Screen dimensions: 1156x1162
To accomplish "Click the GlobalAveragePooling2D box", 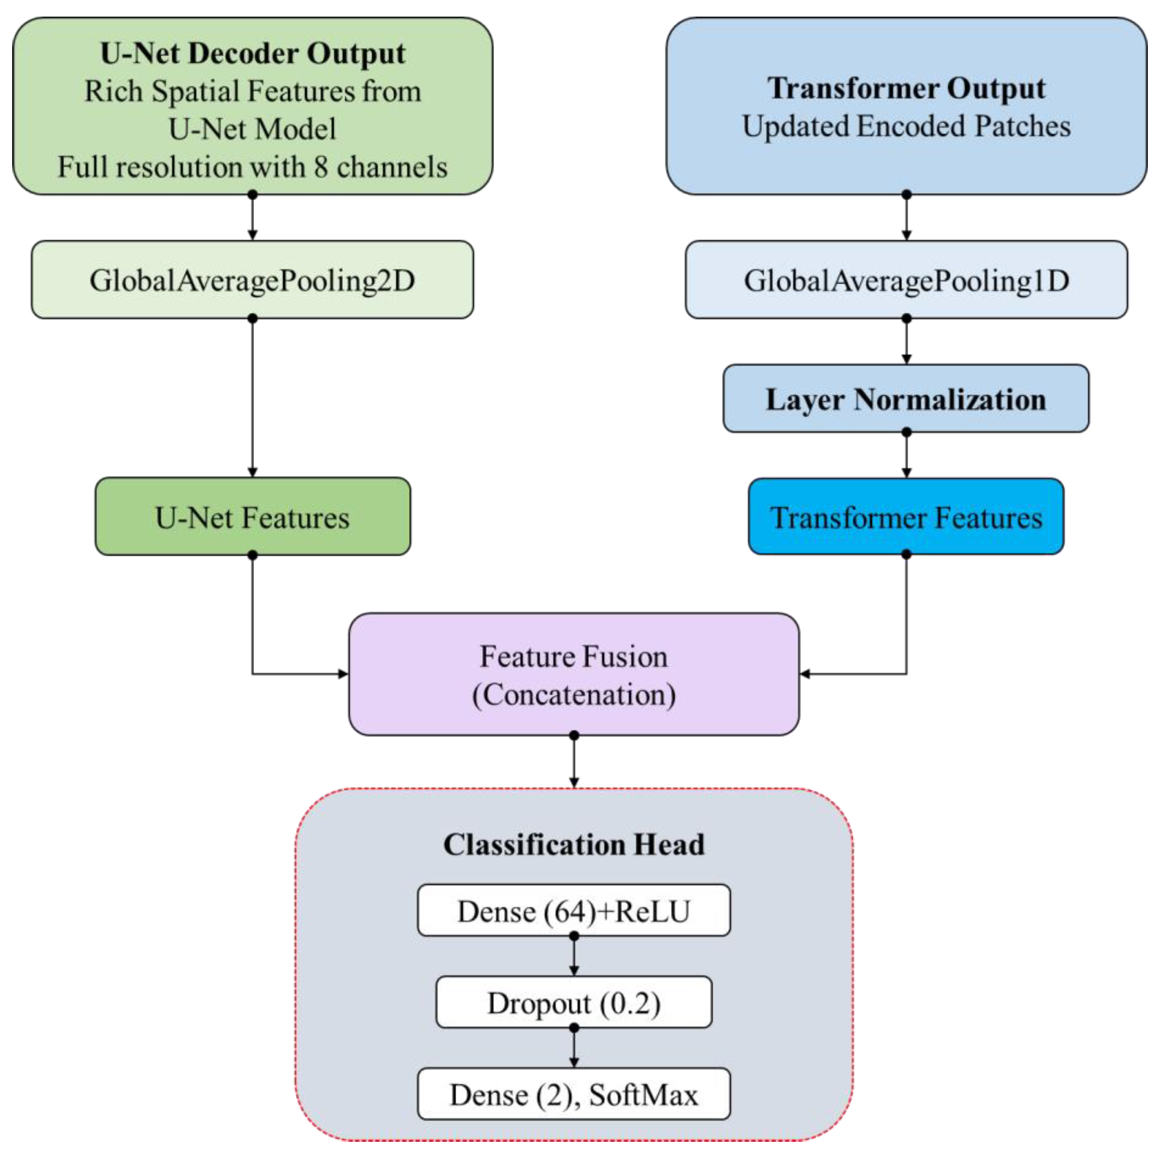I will coord(252,280).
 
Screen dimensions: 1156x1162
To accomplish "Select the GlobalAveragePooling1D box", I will coord(906,280).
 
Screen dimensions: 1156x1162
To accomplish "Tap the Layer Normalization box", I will coord(906,399).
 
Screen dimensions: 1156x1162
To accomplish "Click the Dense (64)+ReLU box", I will coord(574,911).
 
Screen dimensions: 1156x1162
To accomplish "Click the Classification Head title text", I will coord(574,844).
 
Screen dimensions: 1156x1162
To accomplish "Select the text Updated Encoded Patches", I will coord(906,126).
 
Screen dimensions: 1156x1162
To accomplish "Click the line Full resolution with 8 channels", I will coord(252,167).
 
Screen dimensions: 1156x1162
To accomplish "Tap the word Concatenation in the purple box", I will coord(574,695).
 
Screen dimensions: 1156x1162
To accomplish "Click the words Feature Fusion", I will coord(574,656).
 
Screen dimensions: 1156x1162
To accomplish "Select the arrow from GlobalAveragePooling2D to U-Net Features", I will coord(252,397).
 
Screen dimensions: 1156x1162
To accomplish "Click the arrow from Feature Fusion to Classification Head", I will coord(574,761).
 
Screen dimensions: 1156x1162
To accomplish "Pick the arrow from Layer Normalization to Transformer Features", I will coord(906,455).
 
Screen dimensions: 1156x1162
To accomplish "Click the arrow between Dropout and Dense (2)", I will coord(574,1048).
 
